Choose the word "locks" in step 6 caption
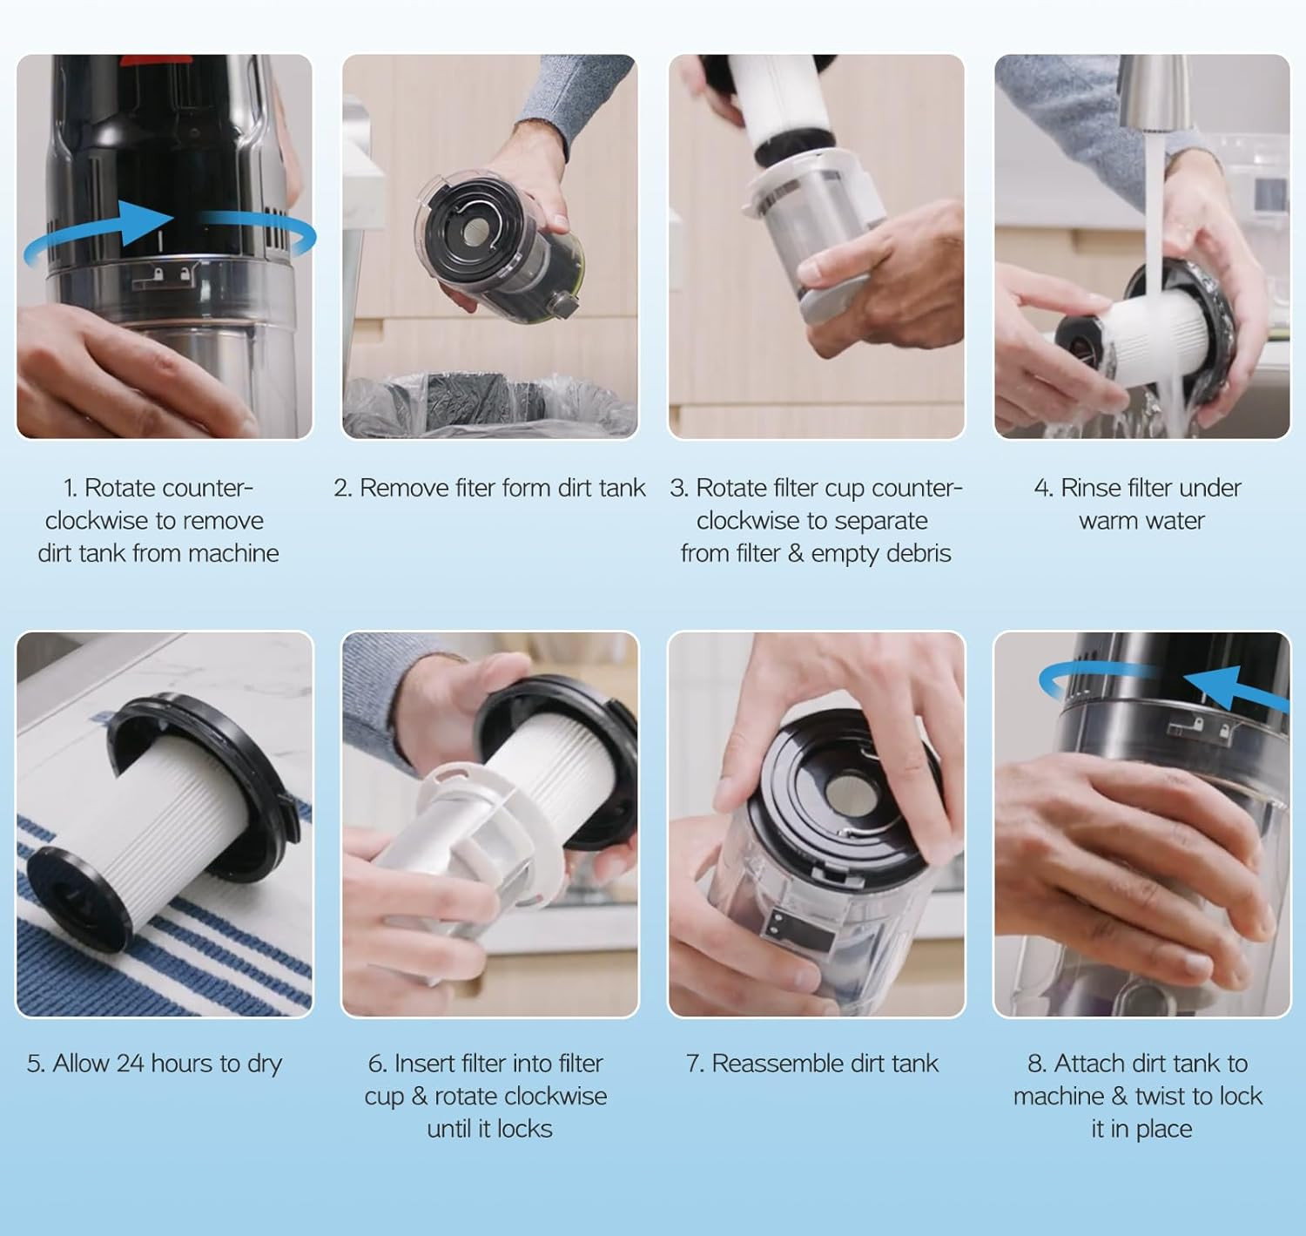(x=524, y=1128)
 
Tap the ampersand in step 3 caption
(x=796, y=553)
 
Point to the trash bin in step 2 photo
(x=489, y=405)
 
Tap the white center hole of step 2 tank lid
(x=476, y=231)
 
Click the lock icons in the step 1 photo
(x=172, y=274)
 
